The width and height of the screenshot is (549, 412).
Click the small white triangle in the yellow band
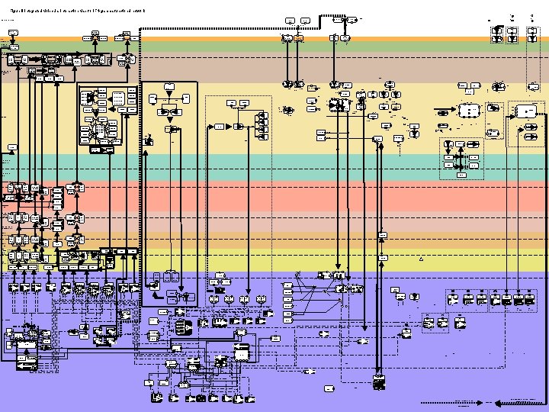point(420,259)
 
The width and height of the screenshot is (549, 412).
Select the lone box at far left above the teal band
point(12,146)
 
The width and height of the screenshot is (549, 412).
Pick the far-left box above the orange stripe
point(12,33)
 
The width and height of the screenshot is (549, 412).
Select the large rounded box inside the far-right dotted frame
point(526,111)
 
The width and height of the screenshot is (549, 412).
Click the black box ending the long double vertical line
point(379,381)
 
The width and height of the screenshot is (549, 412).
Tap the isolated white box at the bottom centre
point(329,388)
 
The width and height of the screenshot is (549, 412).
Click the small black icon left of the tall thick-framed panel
point(149,140)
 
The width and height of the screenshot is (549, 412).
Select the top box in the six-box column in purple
point(287,285)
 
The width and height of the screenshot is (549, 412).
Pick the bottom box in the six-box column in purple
point(287,321)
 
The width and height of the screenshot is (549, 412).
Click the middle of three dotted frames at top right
point(512,34)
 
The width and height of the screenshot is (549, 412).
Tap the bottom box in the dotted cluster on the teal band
point(461,175)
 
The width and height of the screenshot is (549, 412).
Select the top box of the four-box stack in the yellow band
point(263,115)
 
